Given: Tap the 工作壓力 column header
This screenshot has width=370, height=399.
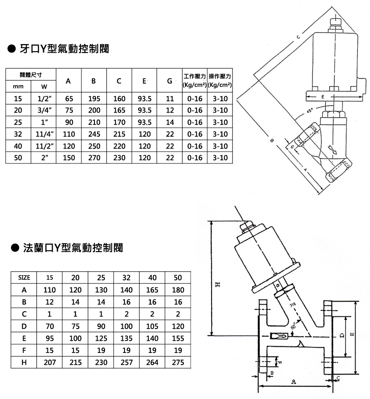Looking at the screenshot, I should (x=194, y=76).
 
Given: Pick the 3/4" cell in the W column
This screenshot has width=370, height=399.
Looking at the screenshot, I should (x=44, y=110).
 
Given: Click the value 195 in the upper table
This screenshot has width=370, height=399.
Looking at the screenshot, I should (x=94, y=99).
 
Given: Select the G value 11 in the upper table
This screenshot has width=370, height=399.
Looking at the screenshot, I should (x=170, y=99).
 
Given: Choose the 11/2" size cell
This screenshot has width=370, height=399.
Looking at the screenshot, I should (x=44, y=146).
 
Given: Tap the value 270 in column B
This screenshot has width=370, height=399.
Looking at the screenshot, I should (x=94, y=158).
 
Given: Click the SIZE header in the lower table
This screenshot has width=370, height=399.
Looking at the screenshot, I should (x=24, y=277).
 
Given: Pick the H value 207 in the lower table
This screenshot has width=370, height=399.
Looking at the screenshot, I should (x=50, y=362).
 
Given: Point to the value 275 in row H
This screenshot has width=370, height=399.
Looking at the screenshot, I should (x=178, y=362).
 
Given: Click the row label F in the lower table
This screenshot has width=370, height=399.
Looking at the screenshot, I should (x=24, y=350).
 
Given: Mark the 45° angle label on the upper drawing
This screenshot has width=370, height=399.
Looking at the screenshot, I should (x=309, y=111).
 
